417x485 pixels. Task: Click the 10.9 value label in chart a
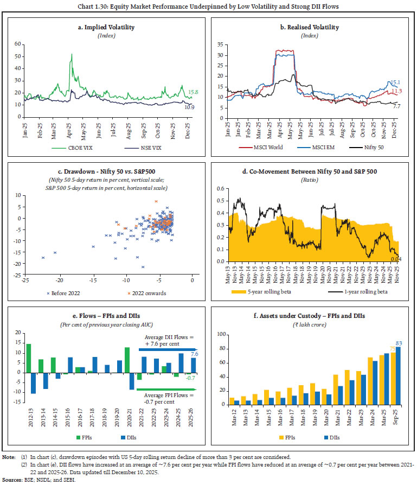(190, 107)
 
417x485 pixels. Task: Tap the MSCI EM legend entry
(315, 146)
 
